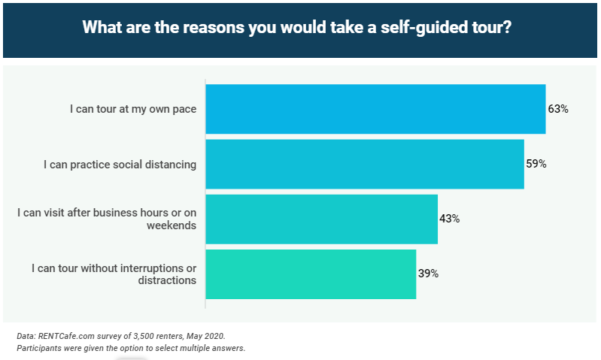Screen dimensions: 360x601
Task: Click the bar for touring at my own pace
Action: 375,109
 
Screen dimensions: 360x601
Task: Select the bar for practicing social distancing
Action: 365,164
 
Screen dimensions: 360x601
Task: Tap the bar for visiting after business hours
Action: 321,219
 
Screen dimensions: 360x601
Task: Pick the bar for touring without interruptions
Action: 311,274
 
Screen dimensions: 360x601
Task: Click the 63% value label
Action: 557,109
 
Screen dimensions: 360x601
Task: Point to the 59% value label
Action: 536,164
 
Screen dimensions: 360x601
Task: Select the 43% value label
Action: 450,219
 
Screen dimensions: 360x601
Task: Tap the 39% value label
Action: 428,274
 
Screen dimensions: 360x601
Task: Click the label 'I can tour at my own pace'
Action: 133,109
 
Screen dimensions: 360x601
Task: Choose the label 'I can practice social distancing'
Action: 120,164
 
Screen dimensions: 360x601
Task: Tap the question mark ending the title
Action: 514,28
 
